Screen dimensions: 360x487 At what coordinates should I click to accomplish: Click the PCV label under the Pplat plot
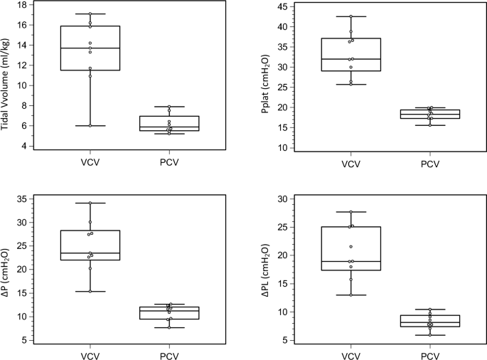click(429, 164)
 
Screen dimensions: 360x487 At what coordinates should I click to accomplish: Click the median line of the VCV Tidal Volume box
click(90, 48)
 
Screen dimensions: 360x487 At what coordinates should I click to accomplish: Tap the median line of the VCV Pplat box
click(350, 59)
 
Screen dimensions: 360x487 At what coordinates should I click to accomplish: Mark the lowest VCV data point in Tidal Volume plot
click(90, 125)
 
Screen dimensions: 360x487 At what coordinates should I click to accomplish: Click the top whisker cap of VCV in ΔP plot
click(90, 203)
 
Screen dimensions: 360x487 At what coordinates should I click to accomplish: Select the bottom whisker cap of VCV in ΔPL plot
click(350, 295)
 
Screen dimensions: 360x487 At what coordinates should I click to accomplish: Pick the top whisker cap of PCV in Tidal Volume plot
click(169, 107)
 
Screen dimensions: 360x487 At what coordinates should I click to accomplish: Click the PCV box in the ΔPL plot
click(429, 321)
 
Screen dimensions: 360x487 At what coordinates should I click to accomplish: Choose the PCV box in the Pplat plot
click(429, 114)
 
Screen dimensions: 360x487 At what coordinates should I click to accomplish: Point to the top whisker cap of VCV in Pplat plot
click(350, 16)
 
